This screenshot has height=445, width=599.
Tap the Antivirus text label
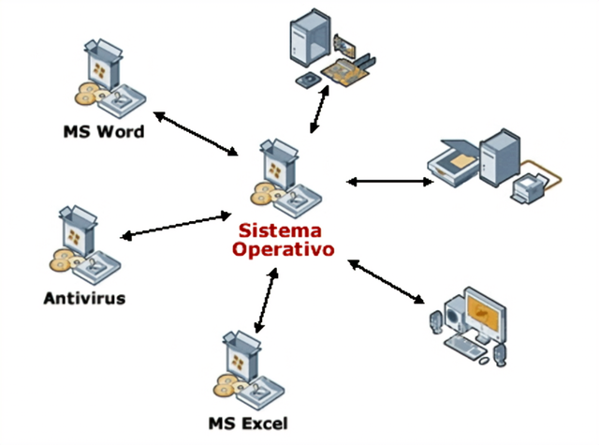click(x=84, y=299)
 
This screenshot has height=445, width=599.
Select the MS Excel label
click(x=249, y=422)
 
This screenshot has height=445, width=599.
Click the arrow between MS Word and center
click(x=197, y=133)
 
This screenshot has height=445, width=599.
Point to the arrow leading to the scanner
click(x=389, y=180)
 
